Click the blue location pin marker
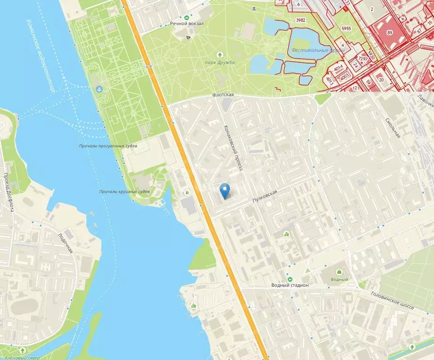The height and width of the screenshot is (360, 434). pyautogui.click(x=226, y=190)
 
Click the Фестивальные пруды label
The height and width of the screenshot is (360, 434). pyautogui.click(x=308, y=50)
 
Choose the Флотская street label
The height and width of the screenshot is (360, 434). pyautogui.click(x=223, y=95)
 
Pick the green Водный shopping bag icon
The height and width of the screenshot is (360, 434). pyautogui.click(x=339, y=271)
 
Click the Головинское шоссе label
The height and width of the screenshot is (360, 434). pyautogui.click(x=392, y=300)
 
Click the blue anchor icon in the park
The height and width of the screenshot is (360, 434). pyautogui.click(x=99, y=89)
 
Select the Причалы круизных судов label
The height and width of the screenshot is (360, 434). pyautogui.click(x=124, y=192)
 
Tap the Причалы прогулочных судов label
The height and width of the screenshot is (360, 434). pyautogui.click(x=108, y=146)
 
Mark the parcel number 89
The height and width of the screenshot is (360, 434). pyautogui.click(x=389, y=33)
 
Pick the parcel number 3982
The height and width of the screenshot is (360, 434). pyautogui.click(x=301, y=20)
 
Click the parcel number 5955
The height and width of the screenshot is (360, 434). pyautogui.click(x=346, y=29)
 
